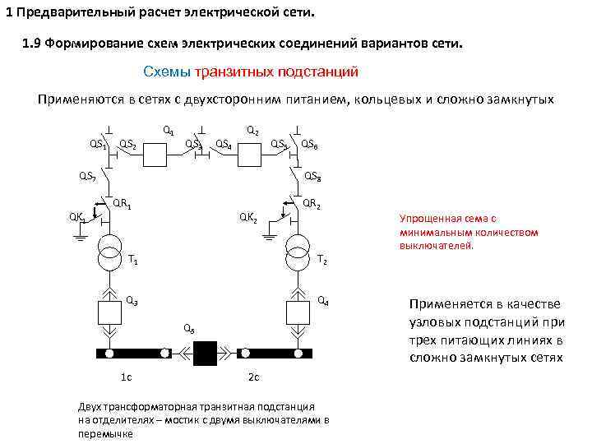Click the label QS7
click(87, 175)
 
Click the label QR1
click(123, 202)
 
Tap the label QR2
click(312, 203)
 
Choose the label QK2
click(248, 217)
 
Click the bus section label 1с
click(127, 377)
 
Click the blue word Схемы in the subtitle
click(166, 72)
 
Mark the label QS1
click(98, 145)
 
